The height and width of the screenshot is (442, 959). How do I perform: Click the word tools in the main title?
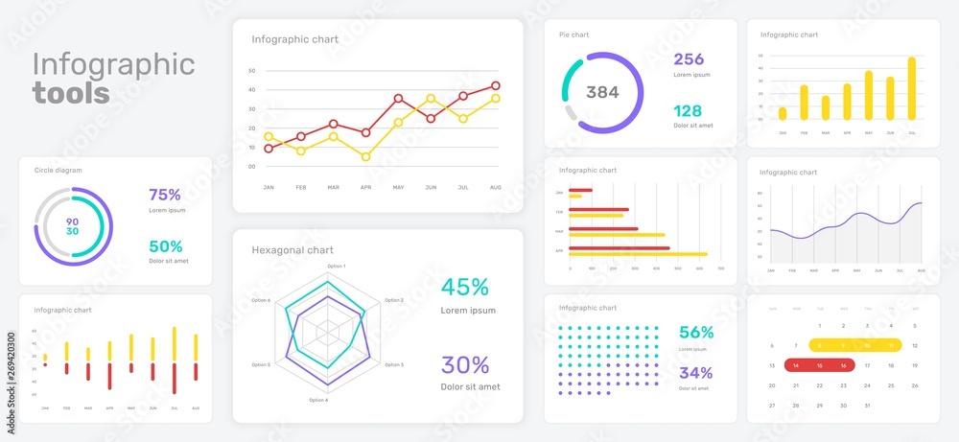pyautogui.click(x=70, y=93)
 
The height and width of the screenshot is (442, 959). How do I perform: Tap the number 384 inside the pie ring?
pyautogui.click(x=602, y=92)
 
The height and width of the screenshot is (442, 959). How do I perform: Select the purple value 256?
pyautogui.click(x=689, y=58)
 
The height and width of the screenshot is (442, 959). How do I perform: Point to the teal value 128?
pyautogui.click(x=689, y=110)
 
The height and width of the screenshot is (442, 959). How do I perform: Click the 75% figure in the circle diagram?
pyautogui.click(x=165, y=195)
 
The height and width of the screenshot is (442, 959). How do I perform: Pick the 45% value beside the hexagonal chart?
pyautogui.click(x=465, y=287)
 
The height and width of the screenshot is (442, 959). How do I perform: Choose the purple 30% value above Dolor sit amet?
pyautogui.click(x=465, y=364)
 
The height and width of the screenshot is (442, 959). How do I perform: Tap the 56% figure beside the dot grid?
pyautogui.click(x=695, y=333)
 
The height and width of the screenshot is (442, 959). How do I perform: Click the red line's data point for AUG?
pyautogui.click(x=495, y=85)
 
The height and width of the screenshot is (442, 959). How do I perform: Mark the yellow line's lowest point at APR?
pyautogui.click(x=365, y=156)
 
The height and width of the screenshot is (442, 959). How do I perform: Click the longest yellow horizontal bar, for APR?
pyautogui.click(x=638, y=254)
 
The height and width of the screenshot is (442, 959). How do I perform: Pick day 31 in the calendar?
pyautogui.click(x=868, y=405)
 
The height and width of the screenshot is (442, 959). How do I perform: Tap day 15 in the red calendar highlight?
pyautogui.click(x=820, y=365)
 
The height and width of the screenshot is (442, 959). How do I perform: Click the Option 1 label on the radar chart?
pyautogui.click(x=336, y=266)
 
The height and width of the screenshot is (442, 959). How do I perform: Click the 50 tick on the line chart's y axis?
pyautogui.click(x=251, y=71)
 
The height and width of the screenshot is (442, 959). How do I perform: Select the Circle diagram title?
pyautogui.click(x=58, y=170)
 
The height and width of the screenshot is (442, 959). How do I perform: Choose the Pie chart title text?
pyautogui.click(x=573, y=35)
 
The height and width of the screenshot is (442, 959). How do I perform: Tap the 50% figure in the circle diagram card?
pyautogui.click(x=165, y=245)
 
